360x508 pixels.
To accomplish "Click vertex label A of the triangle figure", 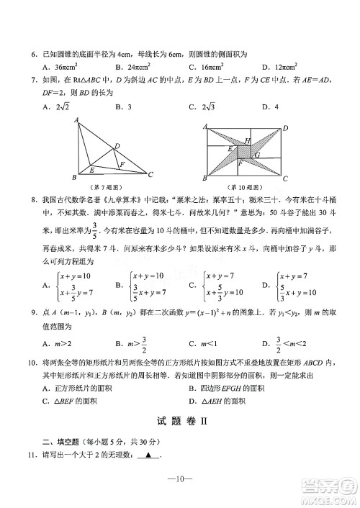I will pyautogui.click(x=76, y=120).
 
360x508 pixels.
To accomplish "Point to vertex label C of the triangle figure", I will pyautogui.click(x=150, y=174).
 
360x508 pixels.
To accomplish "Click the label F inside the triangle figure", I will pyautogui.click(x=122, y=164).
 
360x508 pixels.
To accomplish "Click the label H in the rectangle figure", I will pyautogui.click(x=248, y=141).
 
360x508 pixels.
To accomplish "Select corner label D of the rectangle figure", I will pyautogui.click(x=285, y=128).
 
